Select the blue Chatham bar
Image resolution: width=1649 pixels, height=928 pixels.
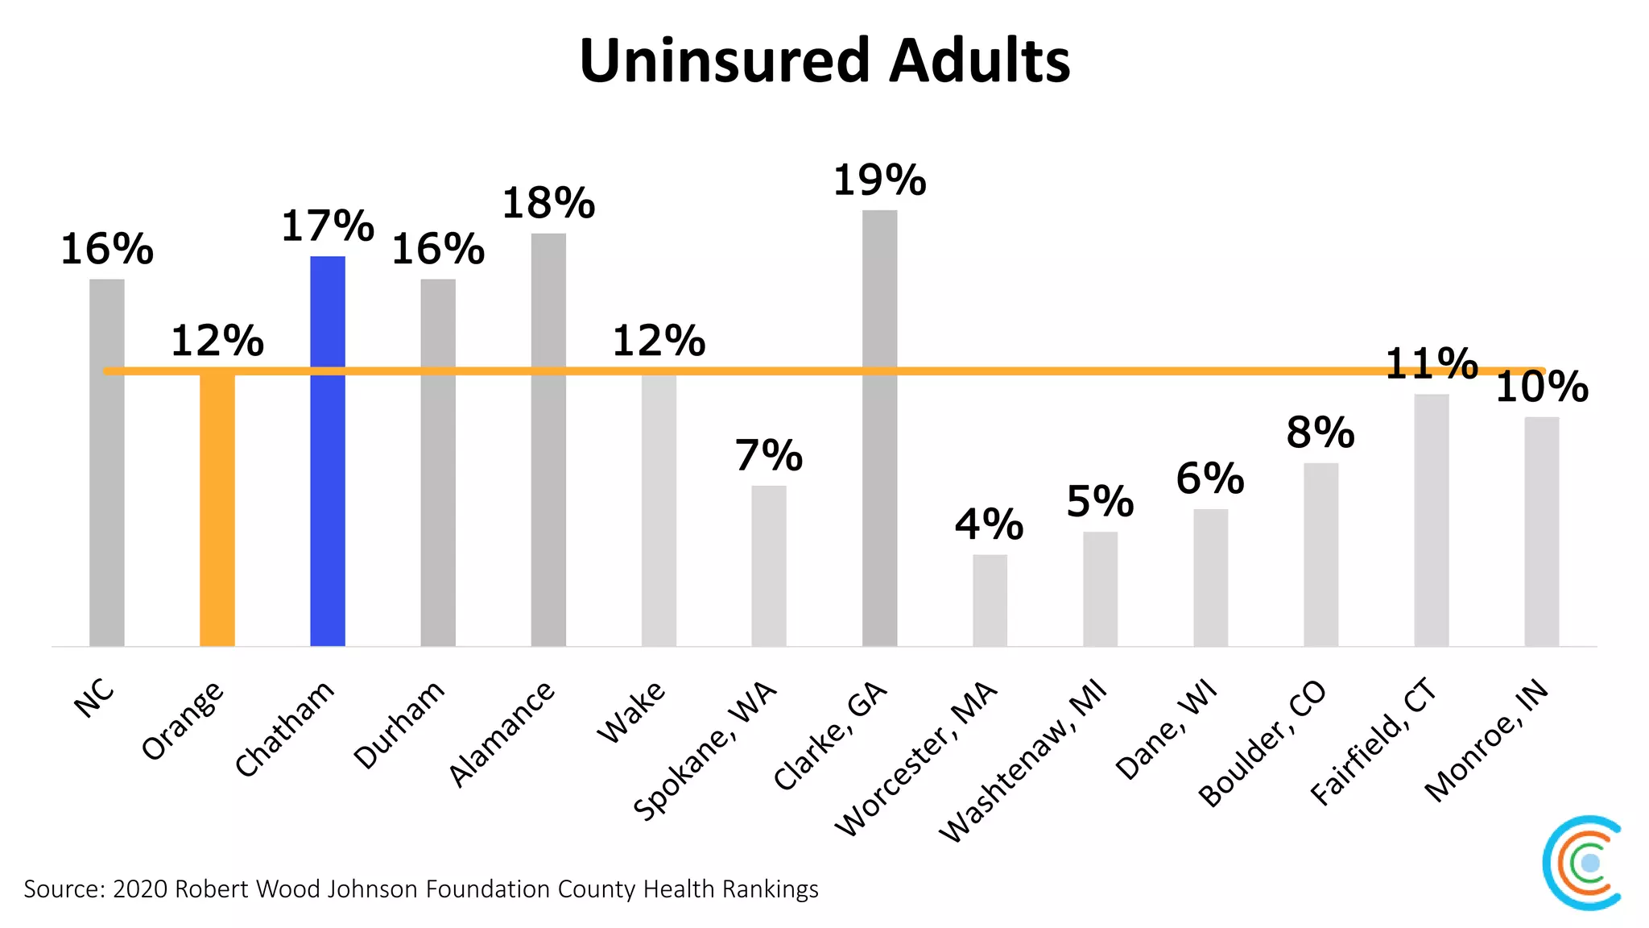[x=328, y=451]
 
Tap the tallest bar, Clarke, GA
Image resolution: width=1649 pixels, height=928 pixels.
[x=879, y=427]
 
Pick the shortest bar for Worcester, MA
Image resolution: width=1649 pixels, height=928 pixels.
[x=990, y=600]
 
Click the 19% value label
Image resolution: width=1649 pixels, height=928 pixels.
[x=879, y=180]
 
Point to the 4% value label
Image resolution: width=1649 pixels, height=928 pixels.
[x=989, y=525]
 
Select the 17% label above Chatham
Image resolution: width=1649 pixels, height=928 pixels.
[x=328, y=226]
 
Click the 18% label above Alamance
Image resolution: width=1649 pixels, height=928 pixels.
[x=548, y=204]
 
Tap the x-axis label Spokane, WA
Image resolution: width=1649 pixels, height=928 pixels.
[x=705, y=751]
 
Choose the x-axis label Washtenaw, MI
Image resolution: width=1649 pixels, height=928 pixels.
[x=1023, y=761]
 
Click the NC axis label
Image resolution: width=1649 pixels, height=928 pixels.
[x=94, y=697]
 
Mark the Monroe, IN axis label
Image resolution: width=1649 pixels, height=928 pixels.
[x=1486, y=739]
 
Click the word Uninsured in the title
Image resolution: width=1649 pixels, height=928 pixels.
[x=724, y=61]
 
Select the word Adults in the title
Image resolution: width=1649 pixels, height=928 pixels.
[x=980, y=61]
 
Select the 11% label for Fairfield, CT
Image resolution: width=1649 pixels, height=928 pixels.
[x=1431, y=364]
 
